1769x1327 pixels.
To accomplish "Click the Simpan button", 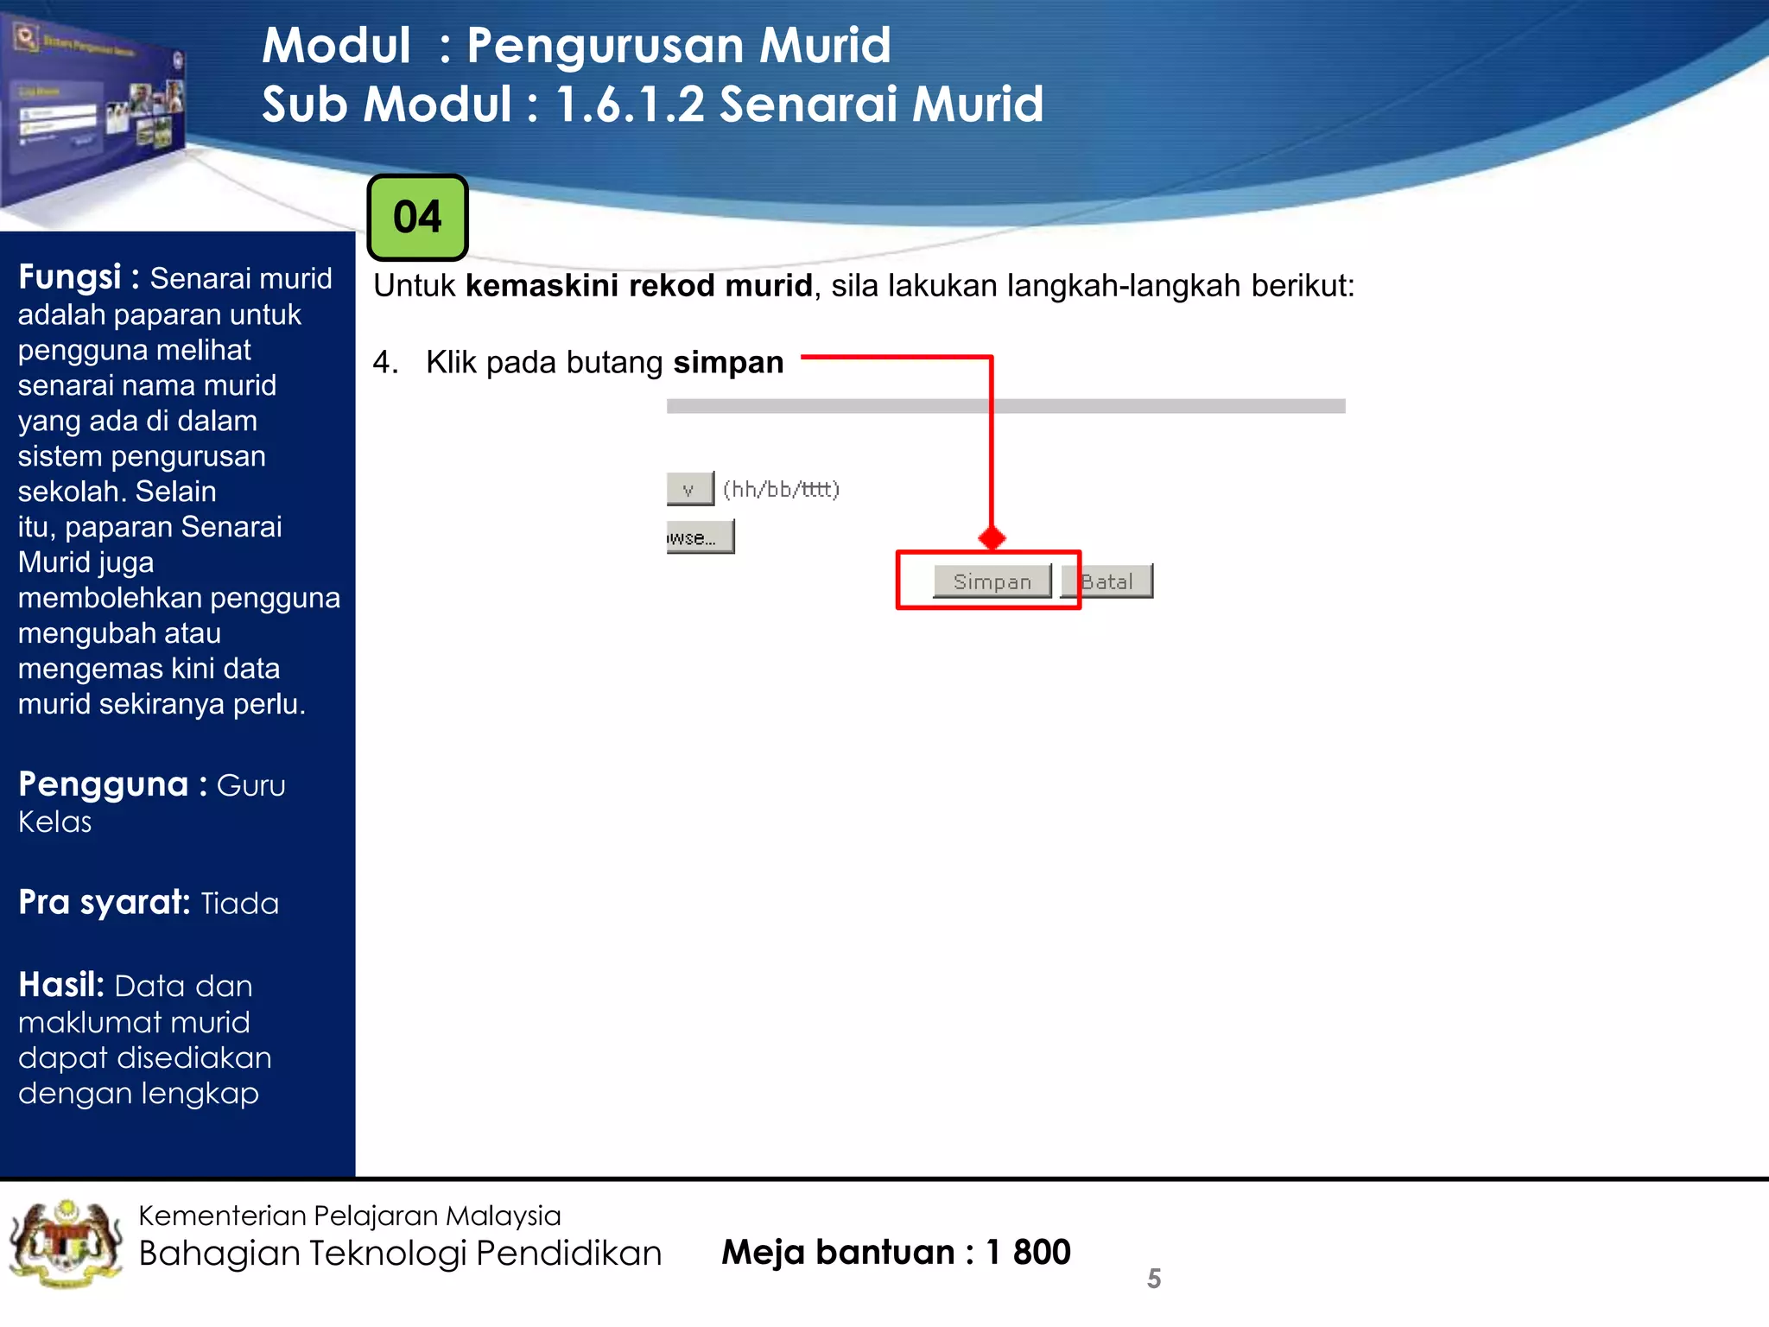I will (x=992, y=581).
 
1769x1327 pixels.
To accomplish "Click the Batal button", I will (x=1107, y=581).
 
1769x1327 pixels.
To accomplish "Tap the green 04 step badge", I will (x=417, y=217).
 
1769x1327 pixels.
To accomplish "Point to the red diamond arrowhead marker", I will (x=992, y=538).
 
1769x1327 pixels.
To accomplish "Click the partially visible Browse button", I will (x=700, y=537).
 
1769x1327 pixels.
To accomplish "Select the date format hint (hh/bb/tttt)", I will (x=781, y=489).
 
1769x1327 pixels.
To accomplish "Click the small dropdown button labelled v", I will (x=689, y=489).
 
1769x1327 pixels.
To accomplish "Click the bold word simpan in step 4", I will (x=728, y=363).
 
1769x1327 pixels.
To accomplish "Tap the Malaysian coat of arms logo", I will (x=65, y=1245).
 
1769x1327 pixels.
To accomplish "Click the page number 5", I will (x=1153, y=1279).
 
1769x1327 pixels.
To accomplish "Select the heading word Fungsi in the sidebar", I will (x=69, y=277).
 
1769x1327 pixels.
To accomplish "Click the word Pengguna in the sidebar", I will (x=103, y=784).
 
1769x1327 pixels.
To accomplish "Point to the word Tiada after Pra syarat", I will (x=239, y=904).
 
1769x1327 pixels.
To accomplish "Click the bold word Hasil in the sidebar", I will (x=60, y=985).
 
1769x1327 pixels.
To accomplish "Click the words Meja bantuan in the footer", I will (x=837, y=1252).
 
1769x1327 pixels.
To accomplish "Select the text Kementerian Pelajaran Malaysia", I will (x=349, y=1216).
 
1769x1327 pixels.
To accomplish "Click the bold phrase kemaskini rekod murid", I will (x=639, y=286).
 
